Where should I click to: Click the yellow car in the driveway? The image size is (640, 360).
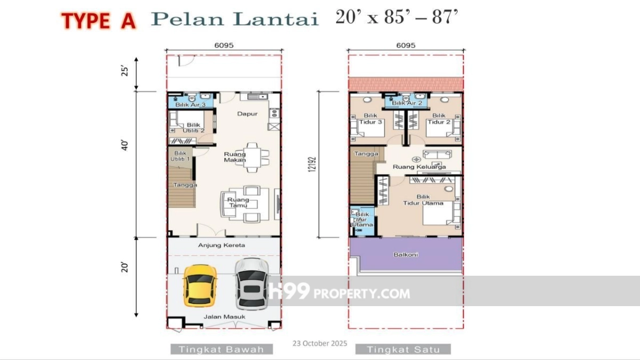tap(199, 286)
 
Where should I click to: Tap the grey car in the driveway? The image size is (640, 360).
tap(251, 284)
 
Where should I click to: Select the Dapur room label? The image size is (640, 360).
tap(247, 114)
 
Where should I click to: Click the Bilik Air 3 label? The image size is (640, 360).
tap(190, 105)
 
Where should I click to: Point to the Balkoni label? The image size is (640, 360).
tap(406, 254)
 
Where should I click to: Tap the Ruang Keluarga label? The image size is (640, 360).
tap(419, 166)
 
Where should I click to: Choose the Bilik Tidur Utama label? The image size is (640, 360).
tap(423, 199)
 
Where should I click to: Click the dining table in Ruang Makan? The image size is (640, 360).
tap(252, 157)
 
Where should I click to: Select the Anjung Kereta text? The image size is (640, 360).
tap(221, 245)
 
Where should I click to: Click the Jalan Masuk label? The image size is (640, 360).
tap(225, 317)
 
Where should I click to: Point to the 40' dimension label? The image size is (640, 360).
tap(125, 145)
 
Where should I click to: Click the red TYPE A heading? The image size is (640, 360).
tap(98, 21)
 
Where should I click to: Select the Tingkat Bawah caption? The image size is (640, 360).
tap(221, 349)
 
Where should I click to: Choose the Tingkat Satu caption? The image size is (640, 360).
tap(403, 349)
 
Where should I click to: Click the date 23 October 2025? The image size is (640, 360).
tap(319, 343)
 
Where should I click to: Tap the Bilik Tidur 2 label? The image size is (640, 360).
tap(439, 118)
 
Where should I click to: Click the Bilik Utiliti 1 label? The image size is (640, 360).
tap(180, 156)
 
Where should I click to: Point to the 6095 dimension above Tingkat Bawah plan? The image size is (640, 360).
tap(223, 45)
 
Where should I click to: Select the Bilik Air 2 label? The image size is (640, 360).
tap(407, 103)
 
